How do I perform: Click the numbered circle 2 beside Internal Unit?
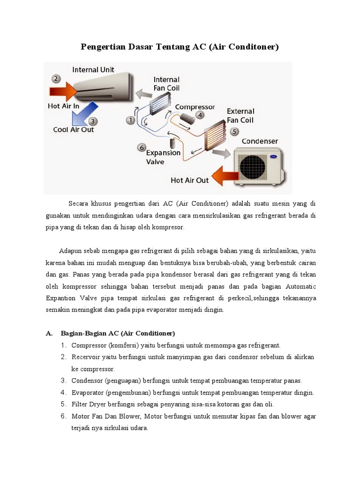point(56,79)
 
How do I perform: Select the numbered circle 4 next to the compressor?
point(200,115)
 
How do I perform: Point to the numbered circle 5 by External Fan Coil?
point(234,132)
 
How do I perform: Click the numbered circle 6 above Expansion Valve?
point(141,148)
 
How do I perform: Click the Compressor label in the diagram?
point(195,107)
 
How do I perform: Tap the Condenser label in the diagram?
point(260,141)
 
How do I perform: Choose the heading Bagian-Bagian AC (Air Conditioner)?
point(118,333)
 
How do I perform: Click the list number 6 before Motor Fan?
point(63,416)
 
